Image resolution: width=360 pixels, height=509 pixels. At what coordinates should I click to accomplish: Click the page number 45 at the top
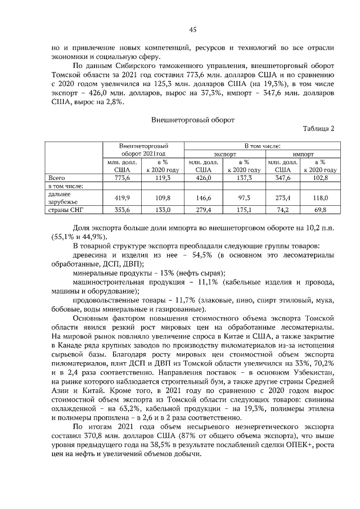click(x=192, y=29)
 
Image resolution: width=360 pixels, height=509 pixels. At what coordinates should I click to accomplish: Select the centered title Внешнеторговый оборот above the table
click(x=192, y=119)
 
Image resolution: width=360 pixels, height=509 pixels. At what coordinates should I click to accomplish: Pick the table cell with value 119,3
click(x=162, y=177)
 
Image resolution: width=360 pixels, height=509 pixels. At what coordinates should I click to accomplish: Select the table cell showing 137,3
click(x=243, y=177)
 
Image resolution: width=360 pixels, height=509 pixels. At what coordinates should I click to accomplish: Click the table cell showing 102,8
click(x=319, y=177)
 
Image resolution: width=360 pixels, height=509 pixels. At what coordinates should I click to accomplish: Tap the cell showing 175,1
click(x=243, y=210)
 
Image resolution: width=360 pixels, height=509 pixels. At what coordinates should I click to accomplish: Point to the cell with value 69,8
click(x=319, y=210)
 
